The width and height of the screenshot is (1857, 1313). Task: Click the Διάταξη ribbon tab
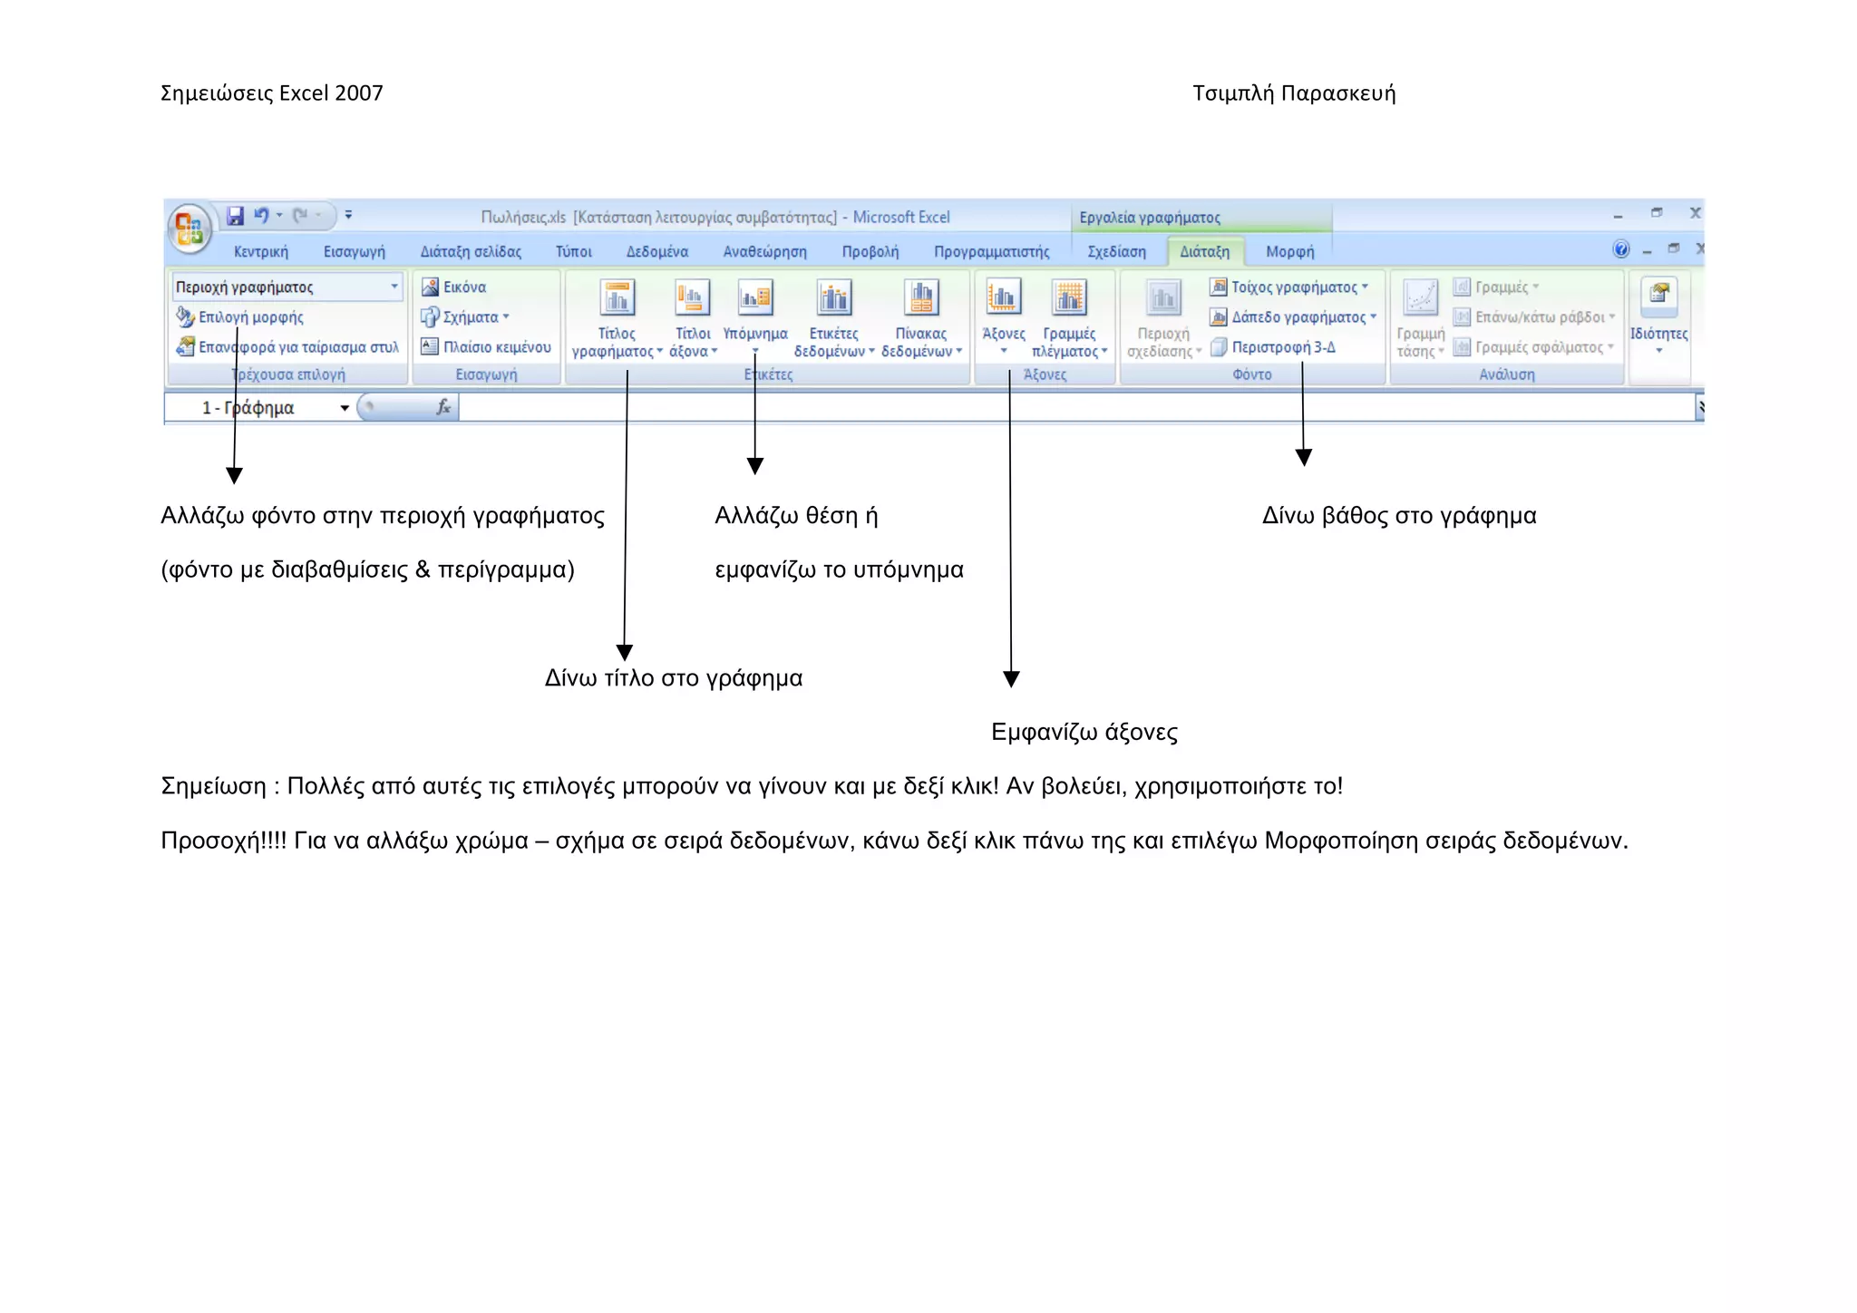pos(1204,251)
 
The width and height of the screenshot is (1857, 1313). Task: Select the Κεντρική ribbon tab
pos(260,251)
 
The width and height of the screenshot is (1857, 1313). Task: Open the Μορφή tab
pos(1289,251)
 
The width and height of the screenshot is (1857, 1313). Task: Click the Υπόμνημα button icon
pos(755,297)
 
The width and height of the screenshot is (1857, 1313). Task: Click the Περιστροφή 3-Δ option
pos(1282,346)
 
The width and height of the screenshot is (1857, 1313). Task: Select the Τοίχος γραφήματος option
pos(1293,287)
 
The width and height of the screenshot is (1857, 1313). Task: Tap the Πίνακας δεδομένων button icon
pos(920,297)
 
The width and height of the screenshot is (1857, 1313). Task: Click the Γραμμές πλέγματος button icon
pos(1069,297)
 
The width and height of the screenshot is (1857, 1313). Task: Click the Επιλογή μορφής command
pos(250,316)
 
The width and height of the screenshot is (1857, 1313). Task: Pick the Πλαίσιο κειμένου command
pos(496,346)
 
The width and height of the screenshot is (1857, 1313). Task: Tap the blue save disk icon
pos(235,216)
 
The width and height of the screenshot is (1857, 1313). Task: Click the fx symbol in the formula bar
pos(443,407)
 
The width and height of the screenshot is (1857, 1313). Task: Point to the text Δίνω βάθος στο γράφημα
pos(1398,516)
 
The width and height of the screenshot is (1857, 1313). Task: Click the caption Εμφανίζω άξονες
pos(1084,732)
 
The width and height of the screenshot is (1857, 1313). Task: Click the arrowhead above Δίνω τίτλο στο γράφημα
pos(624,652)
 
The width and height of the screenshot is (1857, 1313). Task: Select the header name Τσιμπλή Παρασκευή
pos(1293,93)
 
